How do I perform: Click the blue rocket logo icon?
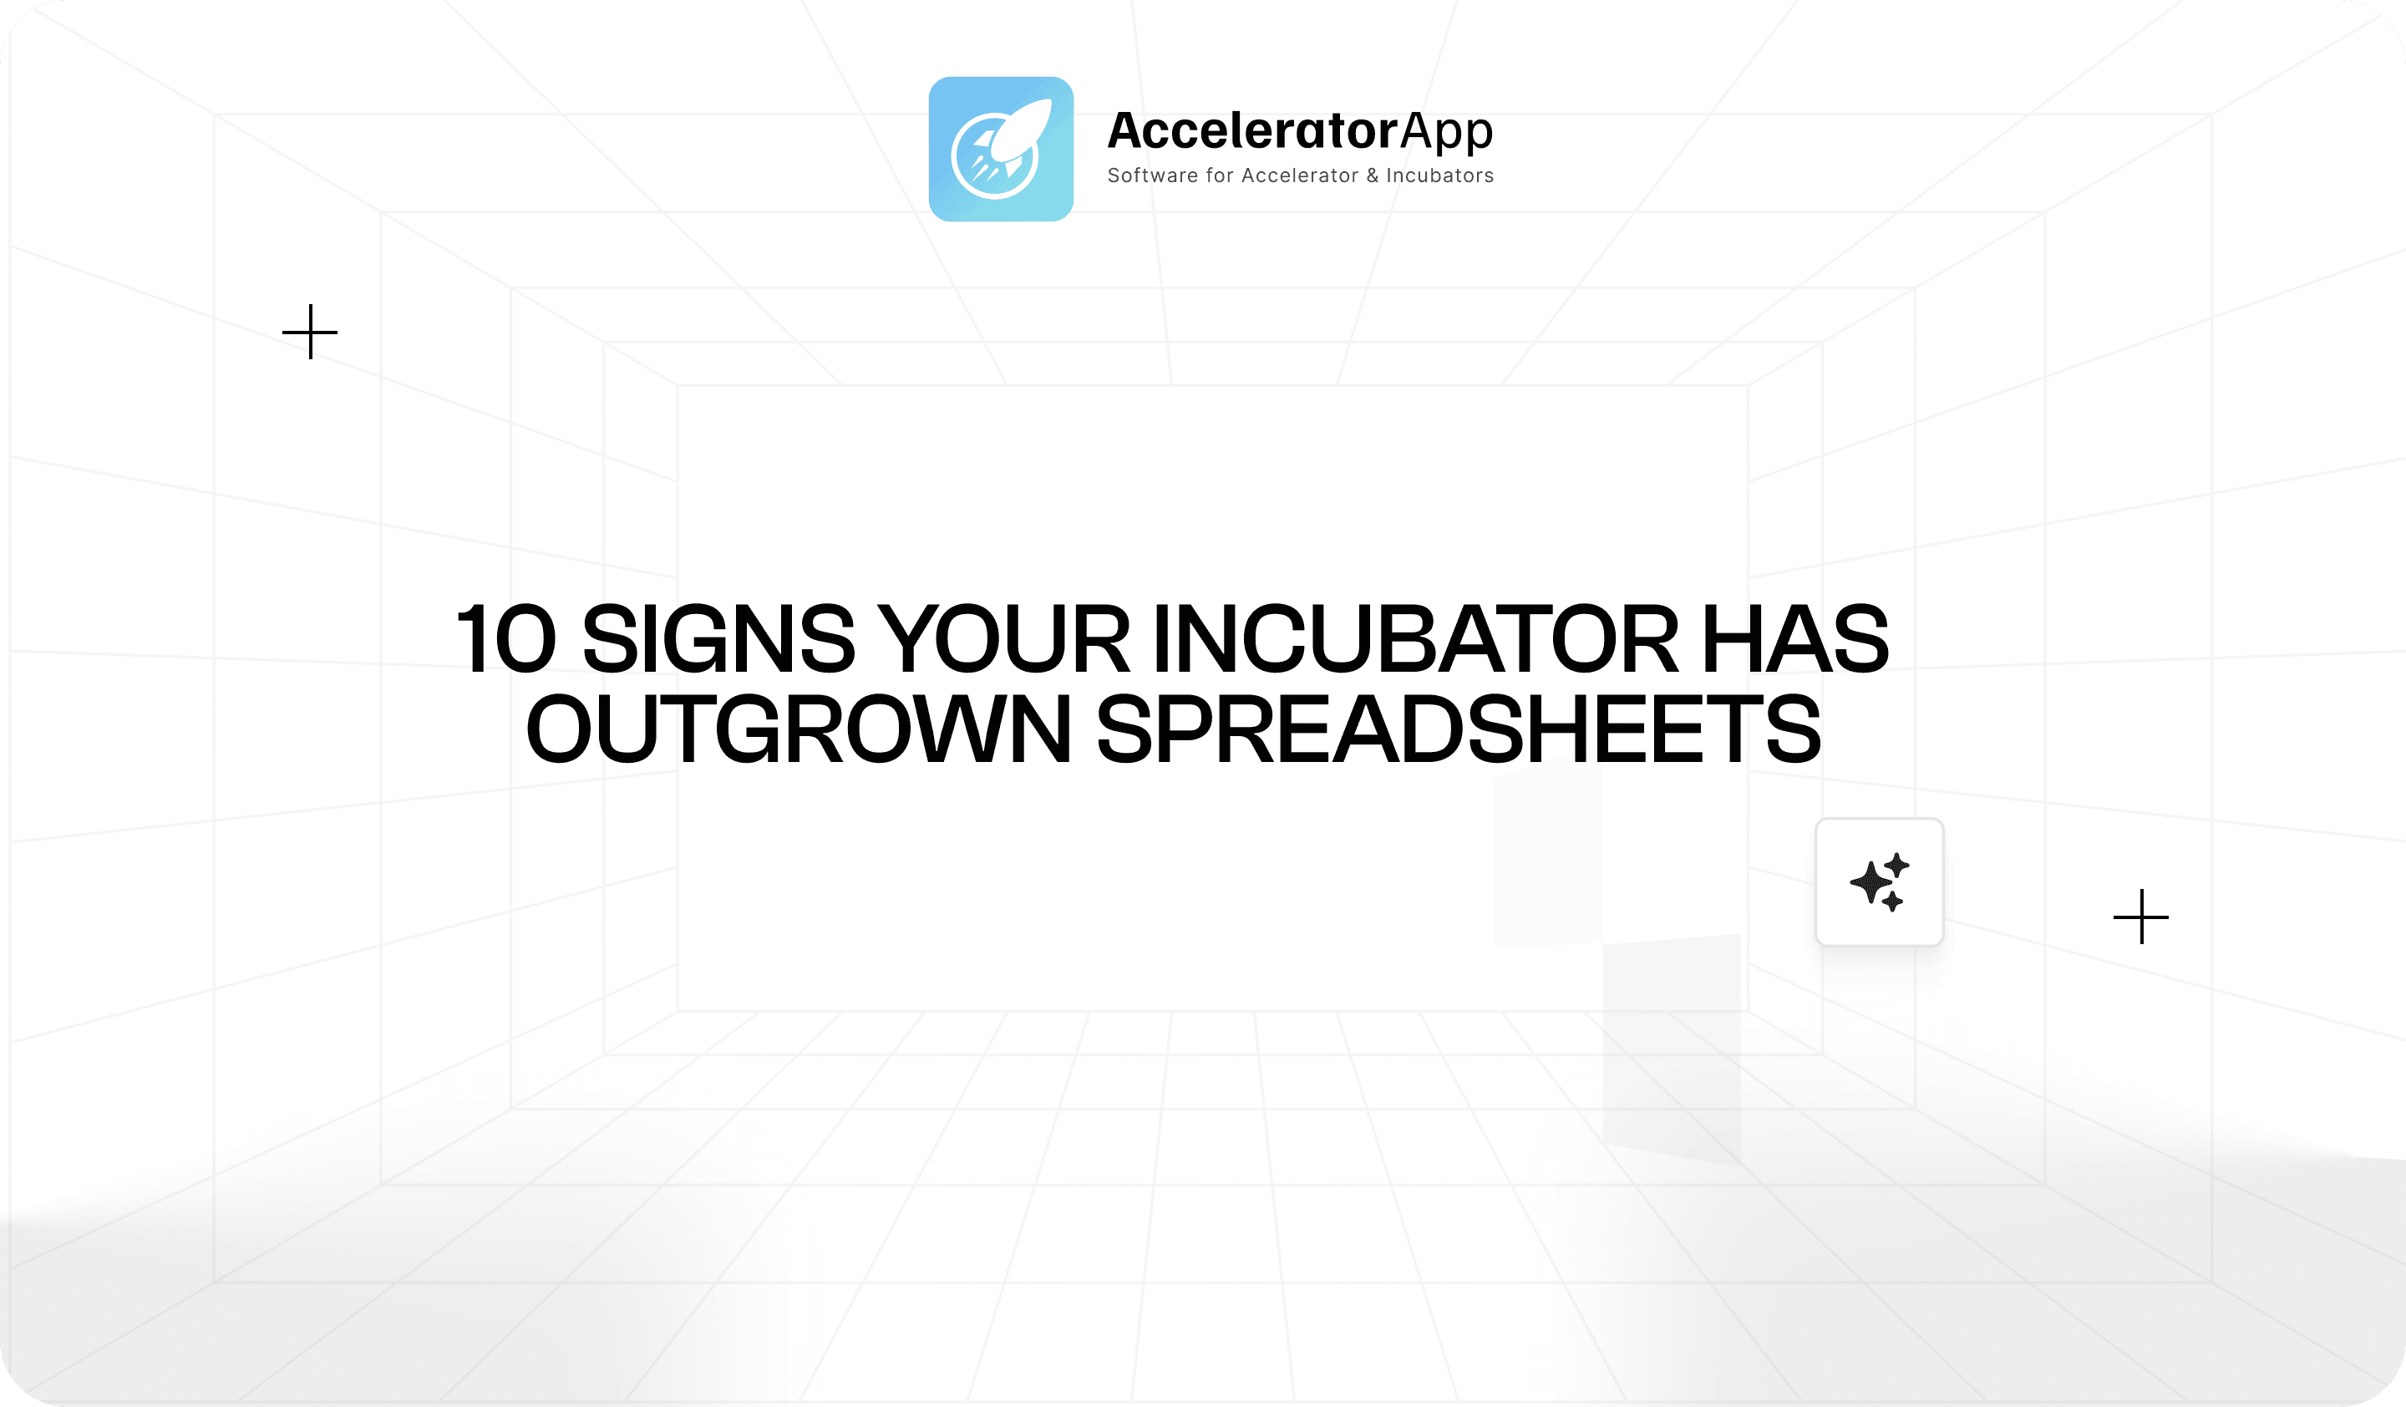(x=1001, y=149)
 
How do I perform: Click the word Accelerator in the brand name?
(x=1252, y=131)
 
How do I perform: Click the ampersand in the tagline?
(x=1372, y=175)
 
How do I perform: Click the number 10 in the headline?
(x=506, y=638)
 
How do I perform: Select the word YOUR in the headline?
(x=1003, y=638)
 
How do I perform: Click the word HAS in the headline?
(x=1795, y=638)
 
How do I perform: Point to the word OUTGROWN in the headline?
(x=798, y=729)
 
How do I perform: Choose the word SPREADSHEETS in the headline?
(x=1459, y=729)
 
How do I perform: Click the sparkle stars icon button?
(x=1879, y=882)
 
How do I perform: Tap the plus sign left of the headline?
(x=310, y=333)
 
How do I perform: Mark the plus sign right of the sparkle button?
(x=2141, y=917)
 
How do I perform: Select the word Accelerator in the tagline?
(x=1299, y=175)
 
